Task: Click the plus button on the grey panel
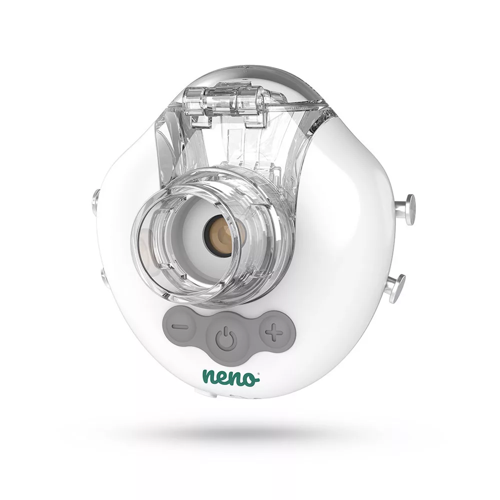[x=275, y=332]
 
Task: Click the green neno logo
[x=231, y=377]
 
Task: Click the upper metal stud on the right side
[x=405, y=209]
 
